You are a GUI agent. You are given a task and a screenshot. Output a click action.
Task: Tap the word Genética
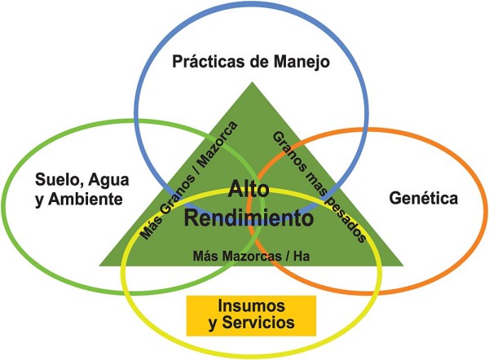point(422,198)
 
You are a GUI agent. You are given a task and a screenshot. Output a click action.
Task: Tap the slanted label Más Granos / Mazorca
point(188,180)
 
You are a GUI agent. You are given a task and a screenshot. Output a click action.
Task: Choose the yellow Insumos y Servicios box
point(250,314)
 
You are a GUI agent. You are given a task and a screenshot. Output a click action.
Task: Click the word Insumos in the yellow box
point(250,306)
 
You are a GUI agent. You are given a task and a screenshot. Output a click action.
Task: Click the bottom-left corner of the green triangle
point(101,266)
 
